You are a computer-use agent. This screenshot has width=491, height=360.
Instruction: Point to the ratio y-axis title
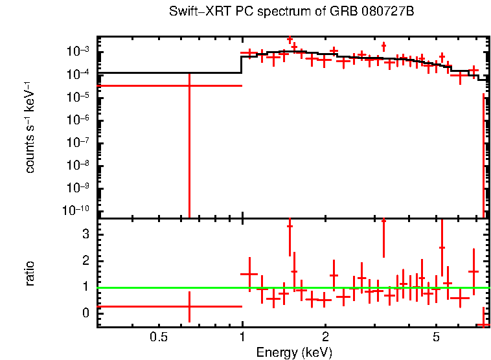coord(30,273)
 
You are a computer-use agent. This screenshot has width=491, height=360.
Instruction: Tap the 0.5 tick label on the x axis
coord(158,337)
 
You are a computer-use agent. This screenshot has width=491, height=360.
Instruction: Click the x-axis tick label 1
coord(242,337)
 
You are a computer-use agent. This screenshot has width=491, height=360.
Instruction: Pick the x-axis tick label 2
coord(326,337)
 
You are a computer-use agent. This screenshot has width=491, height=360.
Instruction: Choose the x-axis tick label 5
coord(436,337)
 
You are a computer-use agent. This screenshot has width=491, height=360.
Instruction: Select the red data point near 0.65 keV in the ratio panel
coord(189,306)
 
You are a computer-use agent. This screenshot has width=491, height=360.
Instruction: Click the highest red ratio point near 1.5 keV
coord(290,226)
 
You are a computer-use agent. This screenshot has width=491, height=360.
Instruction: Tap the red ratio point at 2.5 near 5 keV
coord(442,247)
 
